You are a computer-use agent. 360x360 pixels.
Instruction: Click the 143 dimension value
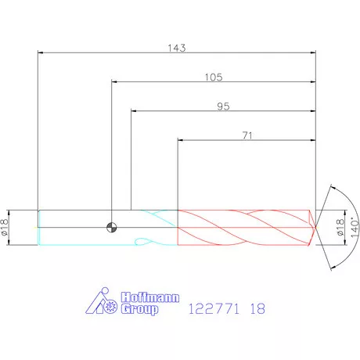click(177, 48)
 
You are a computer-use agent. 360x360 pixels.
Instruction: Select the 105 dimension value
click(214, 77)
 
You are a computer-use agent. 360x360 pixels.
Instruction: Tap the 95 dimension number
click(223, 106)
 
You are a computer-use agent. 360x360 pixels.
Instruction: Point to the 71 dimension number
click(247, 135)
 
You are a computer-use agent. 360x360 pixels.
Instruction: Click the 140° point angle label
click(355, 227)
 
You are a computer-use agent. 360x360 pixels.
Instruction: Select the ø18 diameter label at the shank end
click(5, 228)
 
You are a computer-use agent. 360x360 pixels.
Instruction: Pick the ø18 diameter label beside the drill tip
click(340, 228)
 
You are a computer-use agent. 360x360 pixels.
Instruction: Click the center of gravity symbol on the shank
click(112, 228)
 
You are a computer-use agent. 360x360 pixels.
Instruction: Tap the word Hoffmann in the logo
click(150, 297)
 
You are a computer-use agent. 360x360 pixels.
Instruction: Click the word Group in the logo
click(139, 309)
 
